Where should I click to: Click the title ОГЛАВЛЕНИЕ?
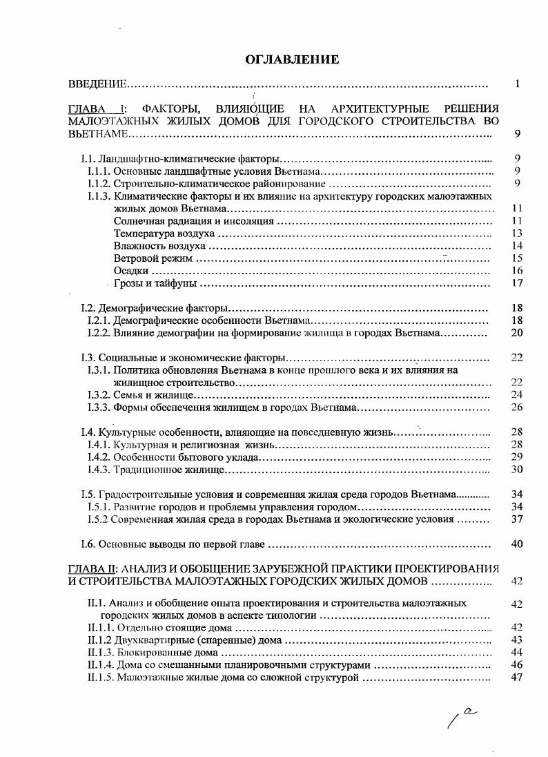(x=293, y=59)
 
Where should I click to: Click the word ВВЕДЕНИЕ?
(x=97, y=84)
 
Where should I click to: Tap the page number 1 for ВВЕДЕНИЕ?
(x=517, y=84)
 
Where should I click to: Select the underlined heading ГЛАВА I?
(x=96, y=109)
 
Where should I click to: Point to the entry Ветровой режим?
(x=152, y=258)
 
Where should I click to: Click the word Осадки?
(x=128, y=271)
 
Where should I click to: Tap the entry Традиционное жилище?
(x=169, y=470)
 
